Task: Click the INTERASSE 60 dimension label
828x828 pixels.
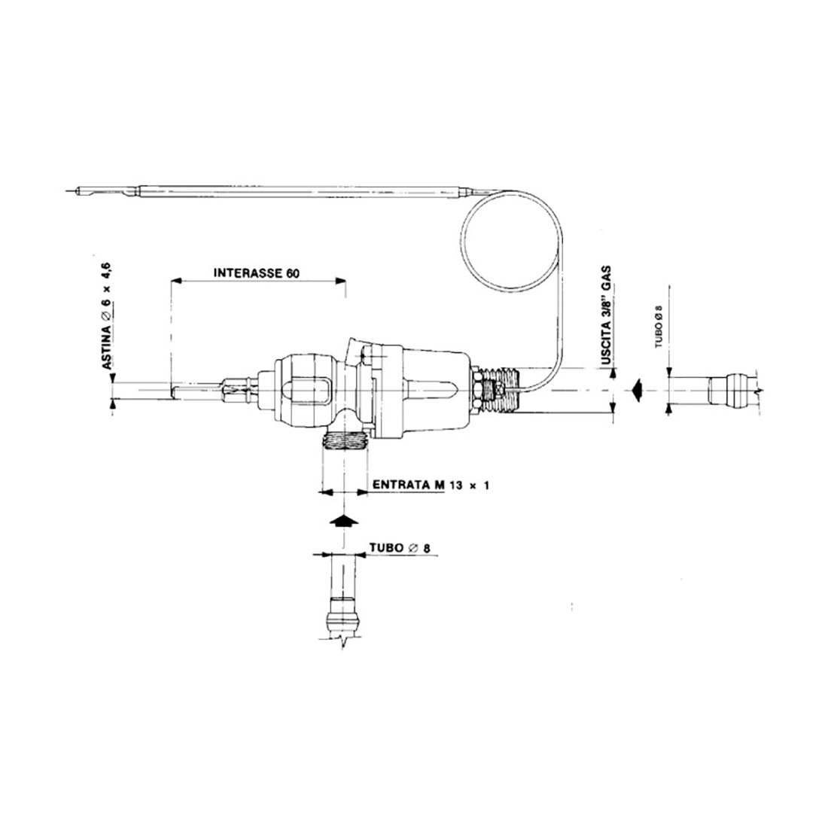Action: (256, 273)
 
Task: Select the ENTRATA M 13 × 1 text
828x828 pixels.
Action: (431, 485)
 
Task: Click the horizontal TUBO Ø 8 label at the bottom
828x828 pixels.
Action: (400, 547)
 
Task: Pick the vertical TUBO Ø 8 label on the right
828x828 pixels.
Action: (659, 327)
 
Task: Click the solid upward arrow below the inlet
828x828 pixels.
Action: (344, 520)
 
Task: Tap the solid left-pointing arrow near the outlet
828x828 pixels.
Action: (638, 390)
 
